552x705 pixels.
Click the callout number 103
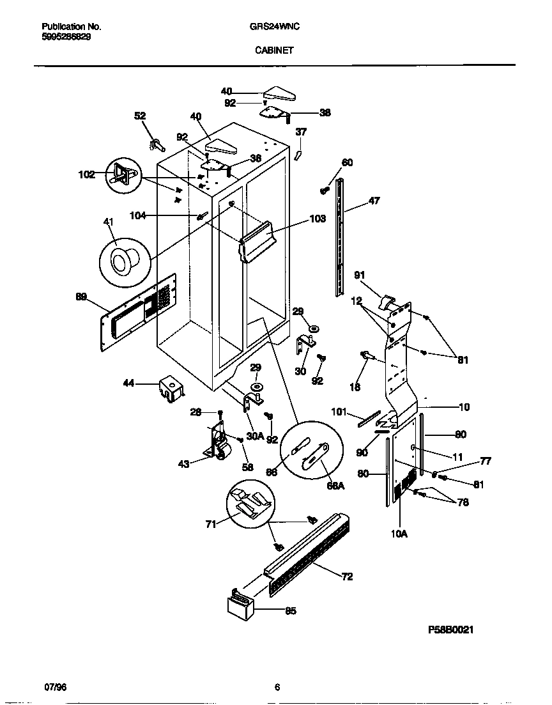318,219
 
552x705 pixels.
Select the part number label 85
291,610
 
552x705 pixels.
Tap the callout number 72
347,577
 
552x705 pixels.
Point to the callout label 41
108,222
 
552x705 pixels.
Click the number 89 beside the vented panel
81,297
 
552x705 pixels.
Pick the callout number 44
128,383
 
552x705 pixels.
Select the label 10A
399,532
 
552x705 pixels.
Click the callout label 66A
336,486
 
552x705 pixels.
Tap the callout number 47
374,201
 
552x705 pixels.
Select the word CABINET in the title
275,50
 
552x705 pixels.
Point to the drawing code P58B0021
450,629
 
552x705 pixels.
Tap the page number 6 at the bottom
277,688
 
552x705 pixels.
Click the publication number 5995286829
66,37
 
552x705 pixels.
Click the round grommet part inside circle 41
122,260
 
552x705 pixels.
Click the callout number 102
86,174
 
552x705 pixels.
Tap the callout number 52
140,116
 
